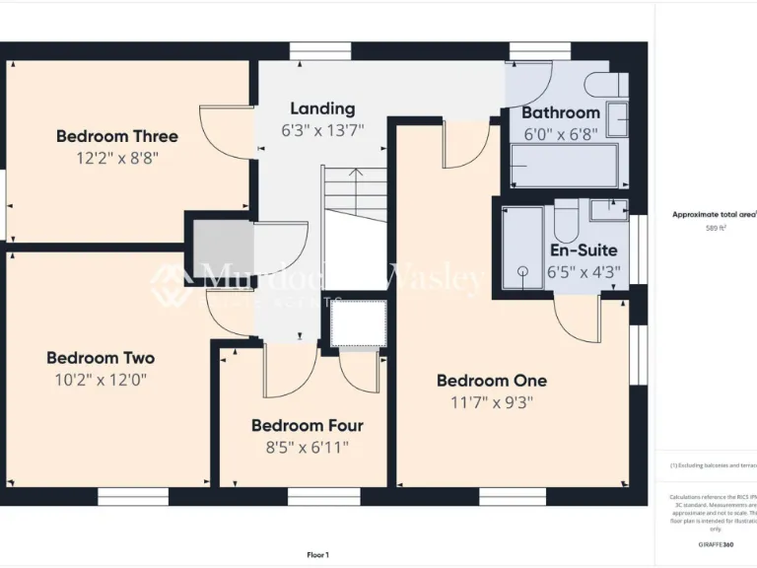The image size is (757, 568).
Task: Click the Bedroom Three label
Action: [x=116, y=136]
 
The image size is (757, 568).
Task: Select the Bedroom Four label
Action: [x=307, y=426]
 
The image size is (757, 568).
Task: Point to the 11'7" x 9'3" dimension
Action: [x=491, y=402]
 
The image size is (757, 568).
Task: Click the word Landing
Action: [x=322, y=108]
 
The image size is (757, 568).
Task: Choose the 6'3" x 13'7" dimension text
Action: [x=322, y=129]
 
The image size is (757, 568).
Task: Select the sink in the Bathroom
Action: [x=618, y=118]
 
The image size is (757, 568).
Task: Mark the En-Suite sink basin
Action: [x=609, y=208]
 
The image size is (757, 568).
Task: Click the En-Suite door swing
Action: [x=577, y=318]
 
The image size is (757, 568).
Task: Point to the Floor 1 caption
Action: [x=317, y=555]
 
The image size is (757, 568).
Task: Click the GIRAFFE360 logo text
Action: [x=715, y=544]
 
